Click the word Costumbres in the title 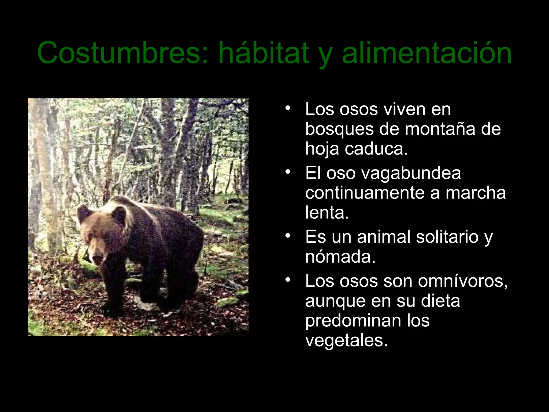(x=122, y=53)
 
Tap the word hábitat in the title (x=264, y=53)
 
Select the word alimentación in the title (x=427, y=53)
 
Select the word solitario (x=447, y=237)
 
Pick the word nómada (x=340, y=257)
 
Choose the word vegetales (x=346, y=340)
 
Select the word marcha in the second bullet (x=476, y=193)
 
